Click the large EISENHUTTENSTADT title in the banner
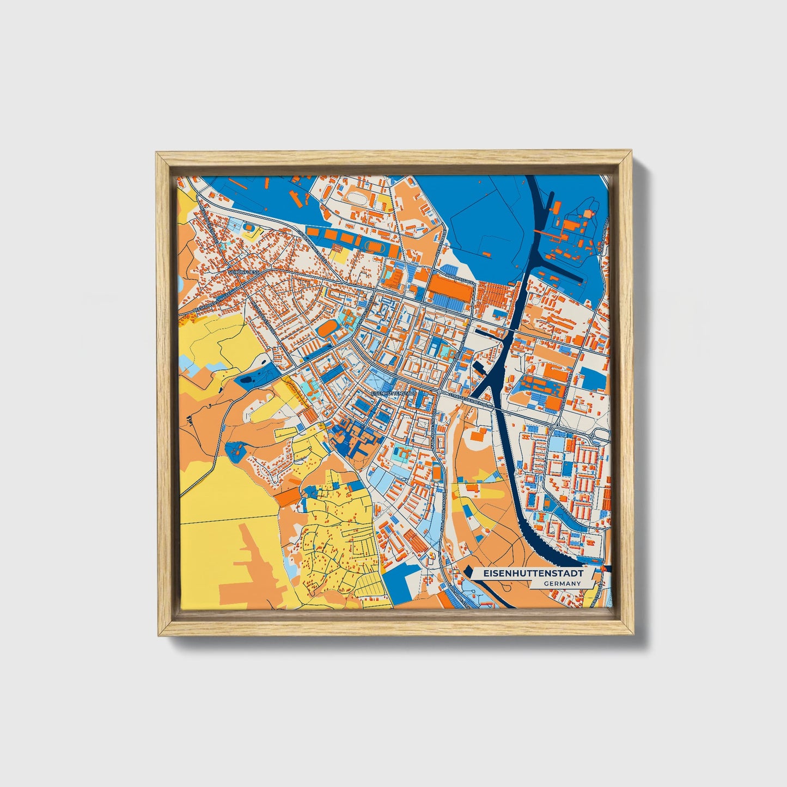pyautogui.click(x=528, y=574)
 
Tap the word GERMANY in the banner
pyautogui.click(x=562, y=584)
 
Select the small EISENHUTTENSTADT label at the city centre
pyautogui.click(x=393, y=392)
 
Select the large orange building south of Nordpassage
pyautogui.click(x=448, y=287)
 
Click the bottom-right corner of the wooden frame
pyautogui.click(x=634, y=635)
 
